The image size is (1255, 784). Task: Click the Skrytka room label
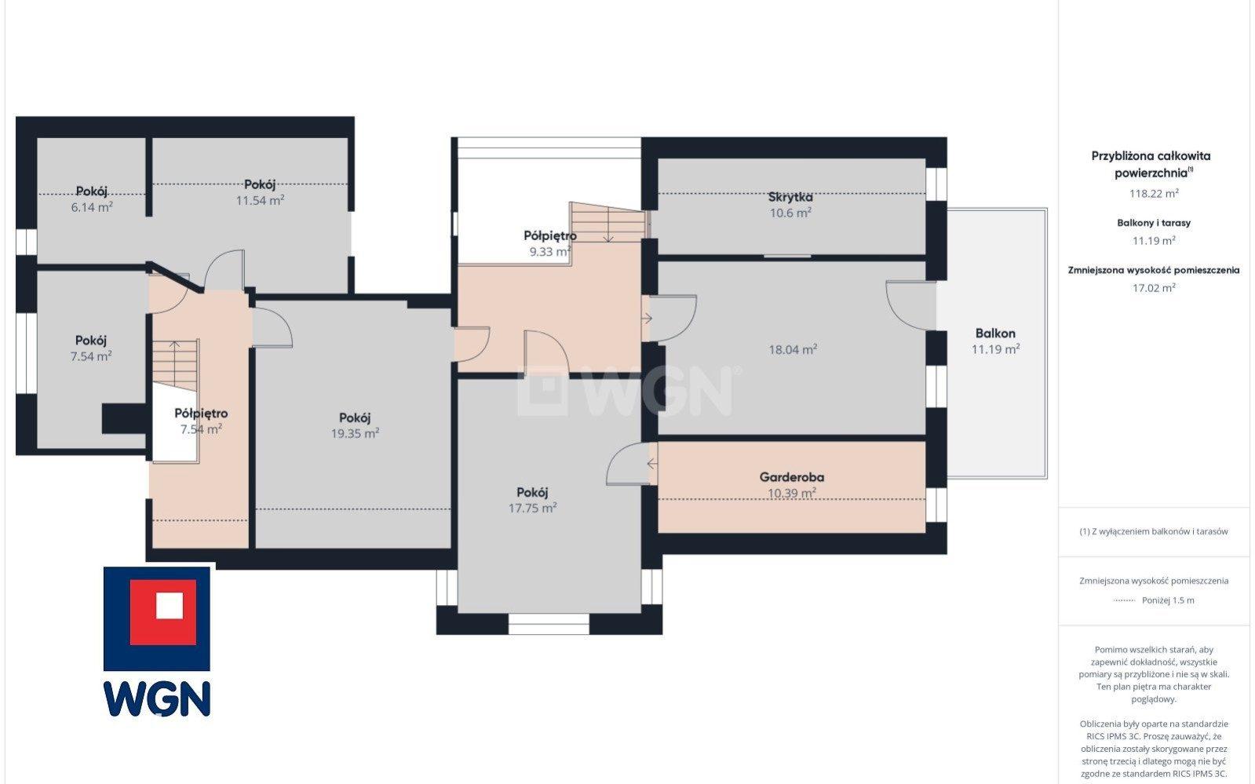coord(790,197)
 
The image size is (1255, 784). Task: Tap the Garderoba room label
coord(792,477)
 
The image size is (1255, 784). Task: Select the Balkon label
coord(995,333)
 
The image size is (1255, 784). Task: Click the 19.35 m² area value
coord(356,433)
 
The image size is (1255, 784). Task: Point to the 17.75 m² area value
coord(532,508)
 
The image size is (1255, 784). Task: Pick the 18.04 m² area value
coord(793,350)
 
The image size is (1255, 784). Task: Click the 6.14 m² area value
coord(91,206)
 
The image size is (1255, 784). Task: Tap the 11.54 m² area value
coord(260,200)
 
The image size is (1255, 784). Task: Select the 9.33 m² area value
coord(549,252)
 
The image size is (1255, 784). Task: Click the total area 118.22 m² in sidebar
coord(1154,193)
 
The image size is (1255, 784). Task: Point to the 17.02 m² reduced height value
coord(1154,287)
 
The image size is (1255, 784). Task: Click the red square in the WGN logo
coord(163,612)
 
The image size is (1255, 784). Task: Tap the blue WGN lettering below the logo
coord(157,698)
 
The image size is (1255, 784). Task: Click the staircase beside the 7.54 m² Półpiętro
coord(175,366)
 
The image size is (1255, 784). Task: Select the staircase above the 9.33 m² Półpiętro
coord(608,222)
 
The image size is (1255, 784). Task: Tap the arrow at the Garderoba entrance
coord(652,464)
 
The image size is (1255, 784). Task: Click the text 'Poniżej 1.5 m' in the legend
coord(1168,600)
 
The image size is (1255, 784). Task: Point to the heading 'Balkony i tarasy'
coord(1154,222)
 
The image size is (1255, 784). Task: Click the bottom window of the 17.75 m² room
coord(549,624)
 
